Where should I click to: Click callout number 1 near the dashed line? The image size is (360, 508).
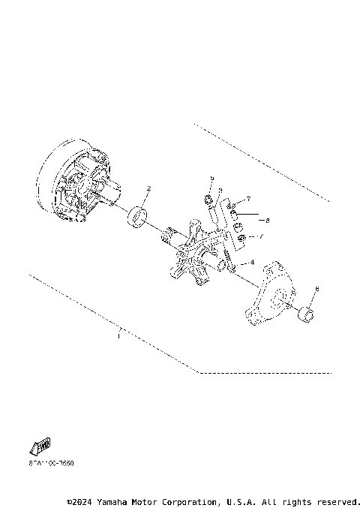[x=118, y=337]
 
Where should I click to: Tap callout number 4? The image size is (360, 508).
[x=252, y=263]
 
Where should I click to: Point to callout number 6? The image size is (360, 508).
[x=317, y=288]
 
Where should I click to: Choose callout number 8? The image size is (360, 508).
[x=267, y=221]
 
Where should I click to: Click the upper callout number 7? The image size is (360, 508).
[x=248, y=199]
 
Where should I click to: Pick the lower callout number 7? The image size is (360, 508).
[x=262, y=237]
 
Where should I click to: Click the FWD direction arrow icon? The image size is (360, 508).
[x=40, y=447]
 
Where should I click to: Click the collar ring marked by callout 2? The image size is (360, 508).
[x=137, y=219]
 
